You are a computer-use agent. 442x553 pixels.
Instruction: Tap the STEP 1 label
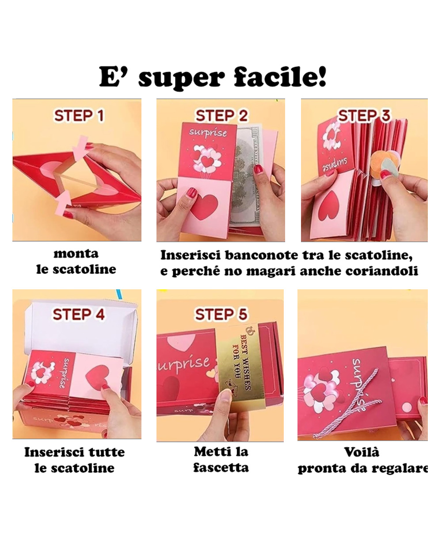79,115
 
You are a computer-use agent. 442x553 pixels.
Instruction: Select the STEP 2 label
221,115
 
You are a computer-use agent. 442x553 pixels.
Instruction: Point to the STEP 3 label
364,115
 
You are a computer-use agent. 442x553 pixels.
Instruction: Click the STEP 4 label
79,314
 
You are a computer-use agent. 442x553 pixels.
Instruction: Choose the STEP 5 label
221,314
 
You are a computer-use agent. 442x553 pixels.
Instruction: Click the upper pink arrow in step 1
80,151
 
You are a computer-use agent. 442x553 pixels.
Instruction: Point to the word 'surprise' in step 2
208,133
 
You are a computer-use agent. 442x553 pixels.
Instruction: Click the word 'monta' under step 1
76,254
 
